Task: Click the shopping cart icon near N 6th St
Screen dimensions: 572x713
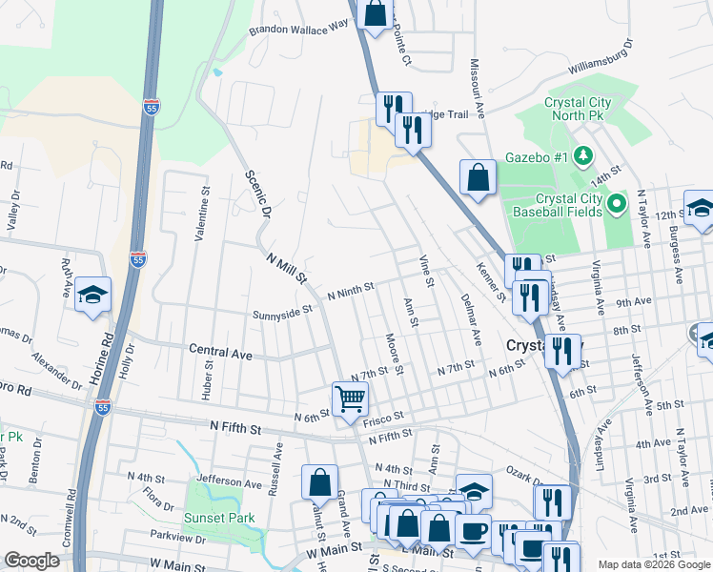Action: coord(350,398)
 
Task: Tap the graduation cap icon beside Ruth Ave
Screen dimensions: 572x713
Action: coord(93,294)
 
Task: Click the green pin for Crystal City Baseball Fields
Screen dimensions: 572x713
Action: coord(616,203)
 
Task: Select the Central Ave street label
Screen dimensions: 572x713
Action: coord(220,353)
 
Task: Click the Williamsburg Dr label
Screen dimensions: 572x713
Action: coord(600,58)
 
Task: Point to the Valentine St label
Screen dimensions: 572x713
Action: coord(202,214)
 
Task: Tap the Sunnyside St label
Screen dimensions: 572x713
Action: coord(282,312)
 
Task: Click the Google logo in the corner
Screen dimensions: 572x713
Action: coord(31,561)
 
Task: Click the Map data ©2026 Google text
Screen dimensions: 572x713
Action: coord(654,564)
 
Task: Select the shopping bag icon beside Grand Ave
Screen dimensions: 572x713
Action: coord(320,480)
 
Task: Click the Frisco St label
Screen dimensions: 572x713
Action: coord(386,417)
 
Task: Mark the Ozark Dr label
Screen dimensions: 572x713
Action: coord(524,474)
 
